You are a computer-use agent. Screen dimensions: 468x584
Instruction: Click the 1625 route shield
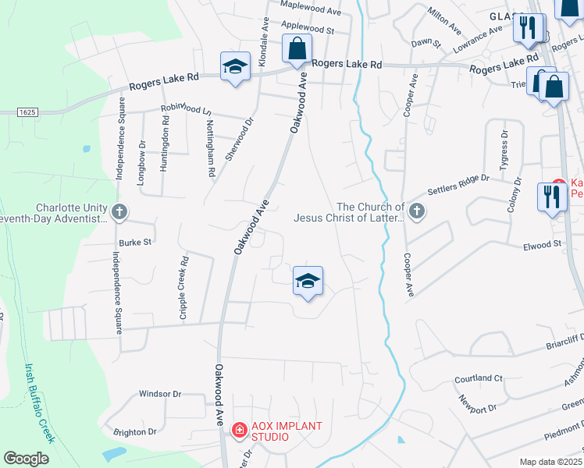27,112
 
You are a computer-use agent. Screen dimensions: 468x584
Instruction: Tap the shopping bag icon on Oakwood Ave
297,48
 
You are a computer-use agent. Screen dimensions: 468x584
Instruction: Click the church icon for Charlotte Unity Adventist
119,211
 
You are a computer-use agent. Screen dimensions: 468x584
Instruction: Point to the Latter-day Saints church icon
417,211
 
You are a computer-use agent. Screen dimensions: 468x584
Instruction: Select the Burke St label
134,243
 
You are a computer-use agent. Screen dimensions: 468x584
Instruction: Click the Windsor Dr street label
160,394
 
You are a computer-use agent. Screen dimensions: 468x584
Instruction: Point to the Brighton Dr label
135,431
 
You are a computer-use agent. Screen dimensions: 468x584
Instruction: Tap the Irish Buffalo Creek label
38,413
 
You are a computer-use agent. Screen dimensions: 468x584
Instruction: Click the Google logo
26,459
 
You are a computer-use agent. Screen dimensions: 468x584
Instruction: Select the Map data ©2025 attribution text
550,462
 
